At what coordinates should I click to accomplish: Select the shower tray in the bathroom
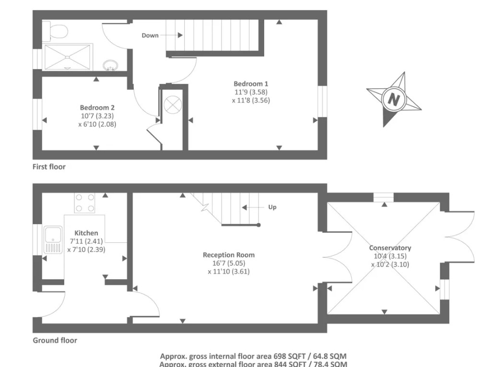click(67, 57)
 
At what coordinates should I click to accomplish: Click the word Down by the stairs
click(150, 35)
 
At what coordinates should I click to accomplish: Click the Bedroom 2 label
click(97, 108)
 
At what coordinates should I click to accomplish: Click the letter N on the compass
click(394, 100)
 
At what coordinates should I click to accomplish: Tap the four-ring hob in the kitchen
click(84, 203)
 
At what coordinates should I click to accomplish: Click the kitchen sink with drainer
click(53, 240)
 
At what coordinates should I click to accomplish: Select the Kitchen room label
click(86, 233)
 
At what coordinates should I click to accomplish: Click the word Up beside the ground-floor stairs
click(272, 207)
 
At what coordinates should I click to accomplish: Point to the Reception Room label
click(229, 255)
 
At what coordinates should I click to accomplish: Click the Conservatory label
click(390, 248)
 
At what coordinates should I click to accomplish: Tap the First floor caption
click(49, 167)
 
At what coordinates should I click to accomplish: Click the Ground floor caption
click(55, 340)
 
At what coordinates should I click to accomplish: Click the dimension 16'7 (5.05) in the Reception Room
click(229, 263)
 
